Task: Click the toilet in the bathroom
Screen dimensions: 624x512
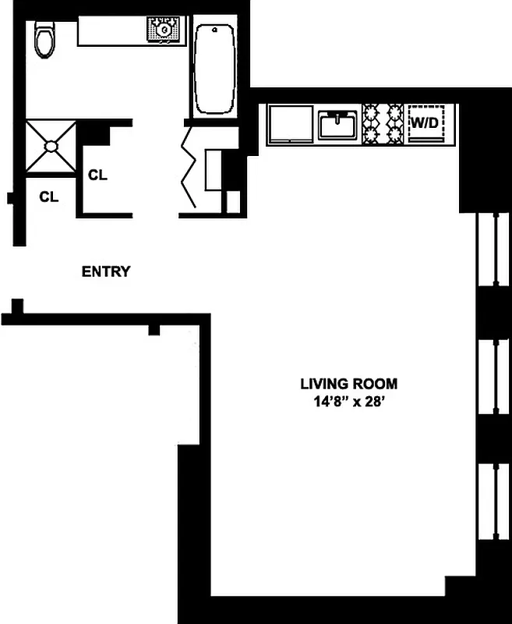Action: point(45,41)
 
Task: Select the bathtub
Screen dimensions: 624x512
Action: point(214,68)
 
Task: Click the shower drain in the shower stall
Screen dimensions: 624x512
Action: point(51,145)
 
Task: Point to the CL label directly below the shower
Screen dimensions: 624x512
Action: point(49,197)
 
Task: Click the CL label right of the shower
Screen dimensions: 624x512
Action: point(97,175)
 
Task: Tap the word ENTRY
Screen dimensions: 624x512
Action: point(106,272)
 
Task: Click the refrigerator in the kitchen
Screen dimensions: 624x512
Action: point(290,124)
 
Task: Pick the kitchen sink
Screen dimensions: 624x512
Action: point(337,124)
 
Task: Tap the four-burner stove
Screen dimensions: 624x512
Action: point(383,124)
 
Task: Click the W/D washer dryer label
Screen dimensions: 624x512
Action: point(425,123)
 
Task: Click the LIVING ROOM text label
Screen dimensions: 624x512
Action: point(348,384)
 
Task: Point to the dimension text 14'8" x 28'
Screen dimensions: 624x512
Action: point(348,402)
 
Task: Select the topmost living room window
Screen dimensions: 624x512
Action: point(493,249)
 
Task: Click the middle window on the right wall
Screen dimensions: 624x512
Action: point(493,378)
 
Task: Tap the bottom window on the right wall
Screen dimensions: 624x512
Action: point(493,499)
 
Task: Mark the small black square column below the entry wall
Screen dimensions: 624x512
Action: point(154,331)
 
